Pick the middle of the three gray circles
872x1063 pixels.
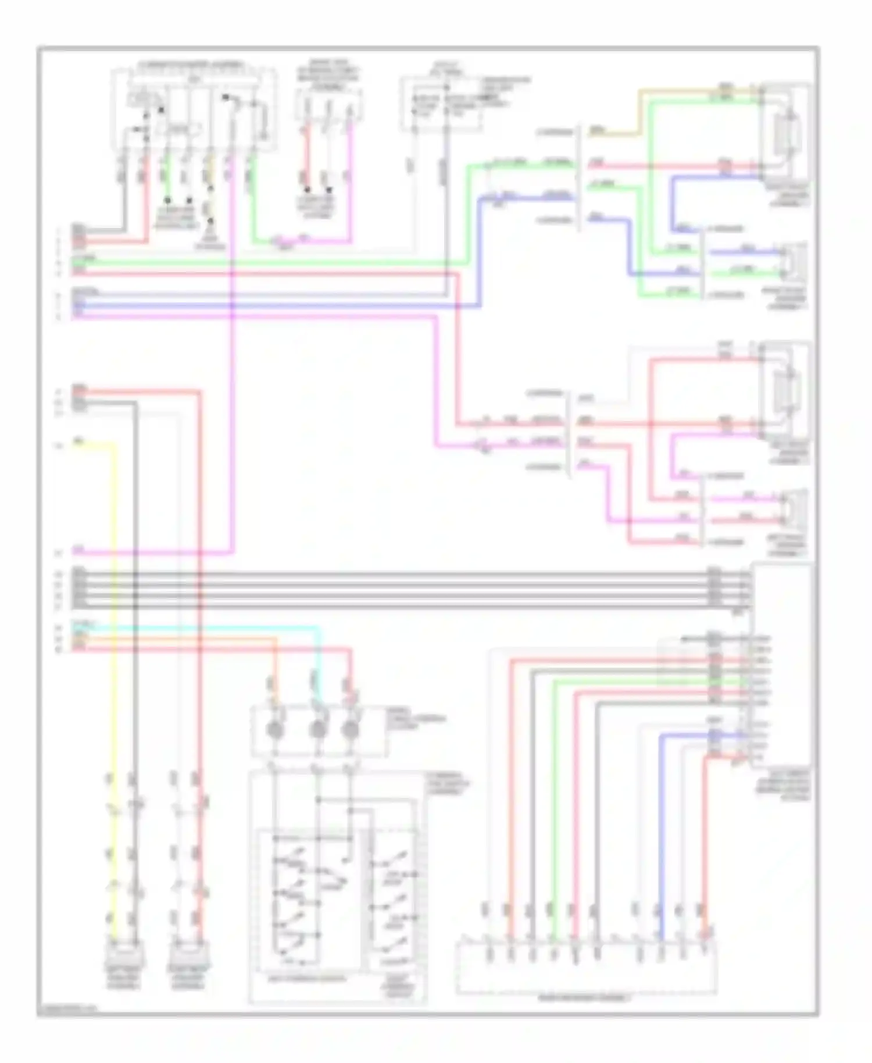click(317, 729)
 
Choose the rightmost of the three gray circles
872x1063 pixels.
click(350, 729)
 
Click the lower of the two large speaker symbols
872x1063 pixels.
click(786, 390)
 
